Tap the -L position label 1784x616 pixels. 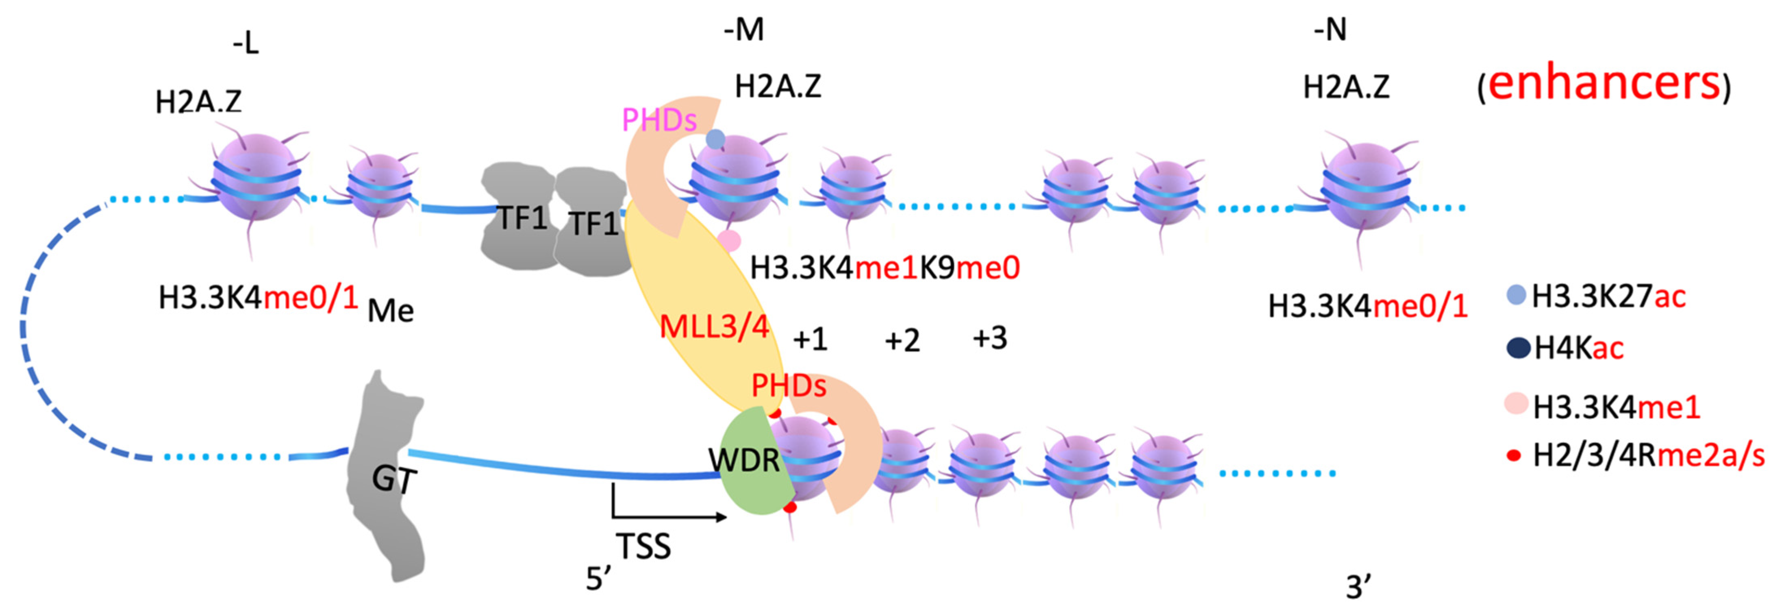pyautogui.click(x=246, y=44)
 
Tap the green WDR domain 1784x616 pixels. pyautogui.click(x=745, y=460)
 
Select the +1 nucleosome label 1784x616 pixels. pyautogui.click(x=810, y=340)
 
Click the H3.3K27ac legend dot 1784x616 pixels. pyautogui.click(x=1517, y=295)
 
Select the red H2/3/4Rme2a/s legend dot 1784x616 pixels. pyautogui.click(x=1515, y=456)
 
